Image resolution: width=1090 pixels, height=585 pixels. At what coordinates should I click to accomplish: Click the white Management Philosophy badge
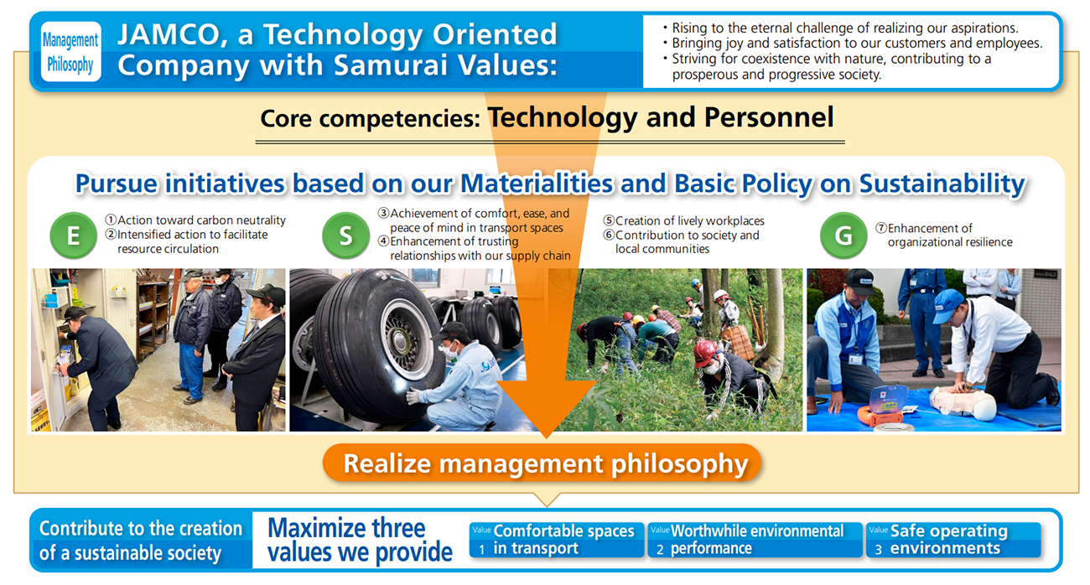click(x=71, y=52)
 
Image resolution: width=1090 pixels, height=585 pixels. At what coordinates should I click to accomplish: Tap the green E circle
click(x=73, y=236)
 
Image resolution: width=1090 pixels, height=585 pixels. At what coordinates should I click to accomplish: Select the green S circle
click(x=345, y=236)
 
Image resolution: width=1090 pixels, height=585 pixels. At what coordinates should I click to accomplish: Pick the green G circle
click(x=843, y=236)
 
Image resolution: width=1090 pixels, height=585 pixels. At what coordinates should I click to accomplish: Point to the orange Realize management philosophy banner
click(x=542, y=463)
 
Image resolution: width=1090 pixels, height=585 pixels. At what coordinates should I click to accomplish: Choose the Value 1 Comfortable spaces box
click(x=556, y=540)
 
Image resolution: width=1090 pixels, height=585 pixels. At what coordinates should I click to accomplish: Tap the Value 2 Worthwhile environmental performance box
click(x=755, y=540)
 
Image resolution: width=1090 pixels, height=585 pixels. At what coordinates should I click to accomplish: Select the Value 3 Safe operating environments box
click(x=952, y=540)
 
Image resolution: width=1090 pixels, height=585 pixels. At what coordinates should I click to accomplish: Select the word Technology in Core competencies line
click(x=562, y=117)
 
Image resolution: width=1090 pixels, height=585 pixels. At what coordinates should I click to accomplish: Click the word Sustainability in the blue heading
click(x=942, y=184)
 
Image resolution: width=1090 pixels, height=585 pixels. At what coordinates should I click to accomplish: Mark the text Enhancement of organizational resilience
click(x=944, y=235)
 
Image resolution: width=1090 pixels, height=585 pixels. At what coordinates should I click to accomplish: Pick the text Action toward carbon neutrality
click(x=195, y=220)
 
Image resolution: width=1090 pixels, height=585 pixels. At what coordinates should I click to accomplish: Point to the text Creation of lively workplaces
click(x=683, y=220)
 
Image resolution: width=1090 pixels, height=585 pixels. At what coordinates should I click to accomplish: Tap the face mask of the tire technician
click(x=450, y=349)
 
